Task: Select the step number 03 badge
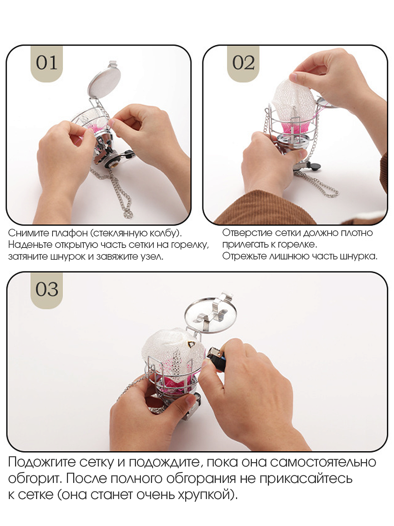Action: tap(47, 290)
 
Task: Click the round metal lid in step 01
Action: tap(104, 81)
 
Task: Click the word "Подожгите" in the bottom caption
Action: tap(42, 461)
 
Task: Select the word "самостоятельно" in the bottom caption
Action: tap(323, 462)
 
